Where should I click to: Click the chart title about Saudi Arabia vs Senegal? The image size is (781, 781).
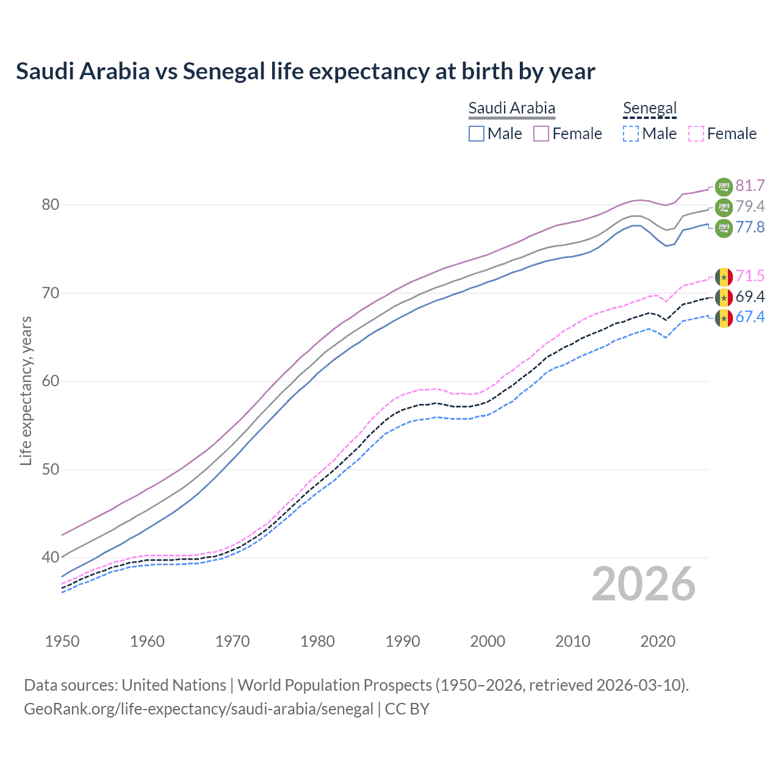305,71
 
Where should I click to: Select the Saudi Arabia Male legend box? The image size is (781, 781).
477,134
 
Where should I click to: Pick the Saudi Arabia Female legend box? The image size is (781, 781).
541,134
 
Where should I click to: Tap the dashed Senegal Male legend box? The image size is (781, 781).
631,134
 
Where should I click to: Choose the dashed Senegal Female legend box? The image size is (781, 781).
696,134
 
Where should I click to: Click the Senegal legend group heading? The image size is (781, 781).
650,109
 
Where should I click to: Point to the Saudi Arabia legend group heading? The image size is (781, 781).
511,109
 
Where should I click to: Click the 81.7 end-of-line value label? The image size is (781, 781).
750,185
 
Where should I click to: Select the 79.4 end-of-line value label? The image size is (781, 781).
750,206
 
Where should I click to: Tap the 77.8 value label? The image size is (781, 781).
750,228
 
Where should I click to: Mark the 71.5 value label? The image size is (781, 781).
750,276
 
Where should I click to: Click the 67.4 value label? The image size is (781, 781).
750,317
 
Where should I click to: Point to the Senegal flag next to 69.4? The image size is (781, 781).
724,297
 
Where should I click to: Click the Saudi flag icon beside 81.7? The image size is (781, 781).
724,186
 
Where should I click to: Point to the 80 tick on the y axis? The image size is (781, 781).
50,204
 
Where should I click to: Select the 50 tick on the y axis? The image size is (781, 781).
50,469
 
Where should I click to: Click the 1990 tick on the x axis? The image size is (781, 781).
403,641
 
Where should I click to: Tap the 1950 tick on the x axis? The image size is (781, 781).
62,641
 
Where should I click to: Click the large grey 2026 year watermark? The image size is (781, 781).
643,584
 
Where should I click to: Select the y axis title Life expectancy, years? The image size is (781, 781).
26,390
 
